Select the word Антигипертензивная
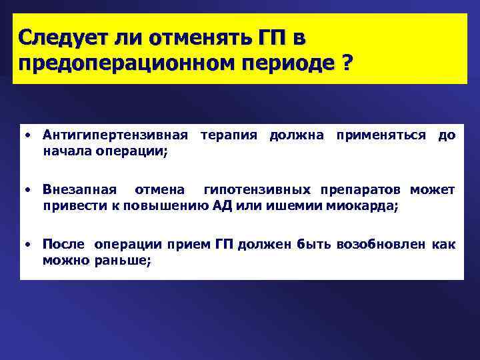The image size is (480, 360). [x=111, y=135]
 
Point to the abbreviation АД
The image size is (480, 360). [x=225, y=205]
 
